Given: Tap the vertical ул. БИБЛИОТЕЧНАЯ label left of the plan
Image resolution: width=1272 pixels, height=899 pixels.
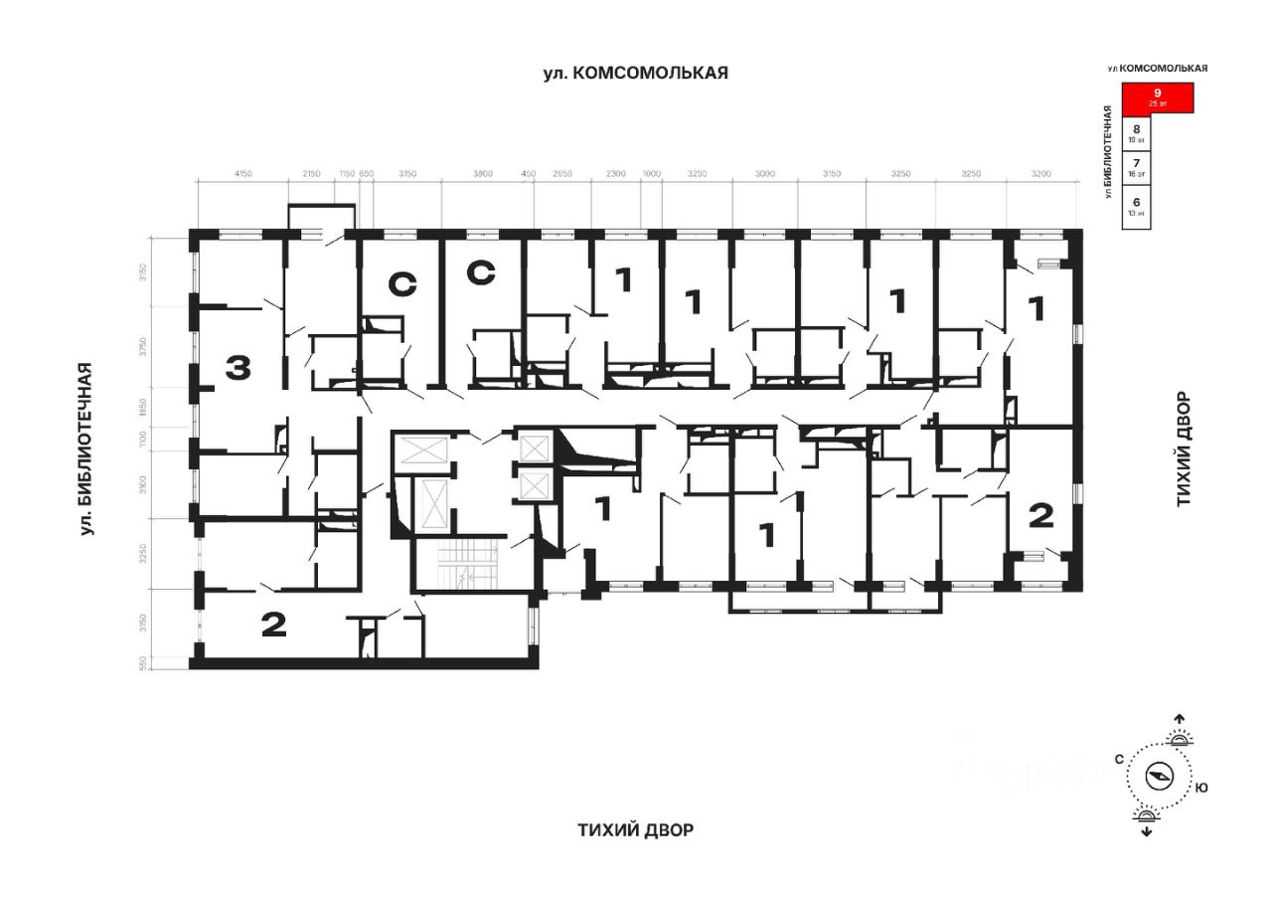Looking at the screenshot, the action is tap(88, 449).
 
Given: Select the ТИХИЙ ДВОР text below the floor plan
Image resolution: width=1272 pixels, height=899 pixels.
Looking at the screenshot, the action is tap(636, 830).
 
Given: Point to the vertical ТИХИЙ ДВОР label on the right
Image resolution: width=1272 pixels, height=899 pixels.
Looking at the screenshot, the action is tap(1184, 449).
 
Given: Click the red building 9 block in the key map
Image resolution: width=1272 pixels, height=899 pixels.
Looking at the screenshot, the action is tap(1157, 97).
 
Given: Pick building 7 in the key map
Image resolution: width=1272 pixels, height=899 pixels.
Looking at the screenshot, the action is tap(1137, 164).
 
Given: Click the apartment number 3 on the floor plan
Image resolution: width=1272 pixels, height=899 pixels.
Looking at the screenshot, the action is tap(238, 368).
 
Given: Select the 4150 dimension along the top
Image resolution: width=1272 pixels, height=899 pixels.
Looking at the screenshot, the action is tap(243, 174).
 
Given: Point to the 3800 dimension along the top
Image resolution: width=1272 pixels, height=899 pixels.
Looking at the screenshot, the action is tap(482, 174).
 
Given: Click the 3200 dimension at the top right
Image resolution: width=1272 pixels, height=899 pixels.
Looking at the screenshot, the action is tap(1041, 174).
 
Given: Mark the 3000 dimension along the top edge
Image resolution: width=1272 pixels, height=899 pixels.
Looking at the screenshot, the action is tap(764, 174).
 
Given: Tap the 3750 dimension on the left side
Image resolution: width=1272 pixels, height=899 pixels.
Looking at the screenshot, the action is tap(143, 346).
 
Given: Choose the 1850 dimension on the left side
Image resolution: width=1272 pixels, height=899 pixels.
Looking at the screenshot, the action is tap(143, 407).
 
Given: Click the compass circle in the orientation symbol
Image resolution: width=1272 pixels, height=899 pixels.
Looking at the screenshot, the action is tap(1160, 776).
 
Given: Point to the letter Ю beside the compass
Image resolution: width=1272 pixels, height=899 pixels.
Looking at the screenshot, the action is tap(1201, 788).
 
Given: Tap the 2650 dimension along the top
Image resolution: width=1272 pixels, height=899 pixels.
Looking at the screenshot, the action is tap(562, 174).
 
